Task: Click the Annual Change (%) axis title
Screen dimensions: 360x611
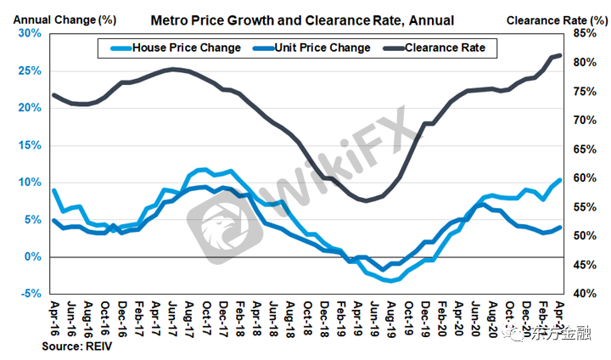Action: coord(50,18)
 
